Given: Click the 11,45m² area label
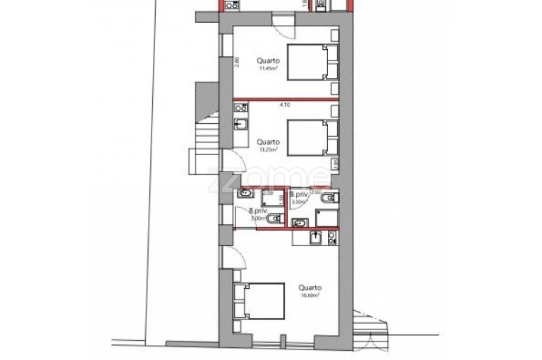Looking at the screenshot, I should [x=268, y=69].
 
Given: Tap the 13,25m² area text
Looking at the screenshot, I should [x=268, y=150].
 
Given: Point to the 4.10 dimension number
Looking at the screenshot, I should [x=285, y=105].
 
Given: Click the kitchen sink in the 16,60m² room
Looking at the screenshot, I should [x=316, y=238].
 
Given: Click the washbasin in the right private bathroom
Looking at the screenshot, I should [x=299, y=223].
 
